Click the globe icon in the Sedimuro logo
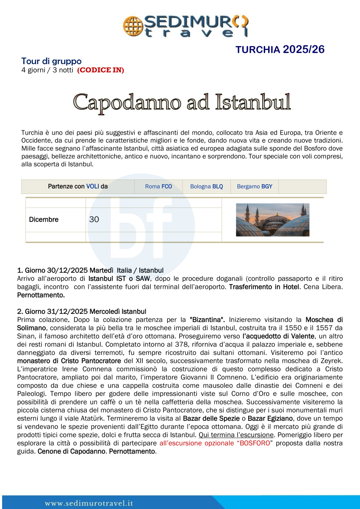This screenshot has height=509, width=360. tap(132, 26)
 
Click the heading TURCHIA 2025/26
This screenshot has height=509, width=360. tap(280, 50)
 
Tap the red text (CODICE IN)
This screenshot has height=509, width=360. tap(100, 70)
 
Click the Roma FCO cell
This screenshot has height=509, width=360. tap(158, 186)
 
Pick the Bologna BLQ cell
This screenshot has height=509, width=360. tap(206, 186)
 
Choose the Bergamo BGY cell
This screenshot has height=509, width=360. tap(255, 186)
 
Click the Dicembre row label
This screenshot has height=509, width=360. tap(44, 219)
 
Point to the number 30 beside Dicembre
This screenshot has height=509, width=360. tap(94, 219)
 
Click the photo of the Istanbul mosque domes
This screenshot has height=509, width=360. tap(272, 220)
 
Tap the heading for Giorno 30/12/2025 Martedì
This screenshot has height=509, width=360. tap(90, 270)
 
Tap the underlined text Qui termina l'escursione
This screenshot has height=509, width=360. tap(237, 435)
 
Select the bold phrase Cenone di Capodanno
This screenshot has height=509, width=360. tap(71, 451)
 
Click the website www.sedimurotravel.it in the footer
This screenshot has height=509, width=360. tap(89, 503)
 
